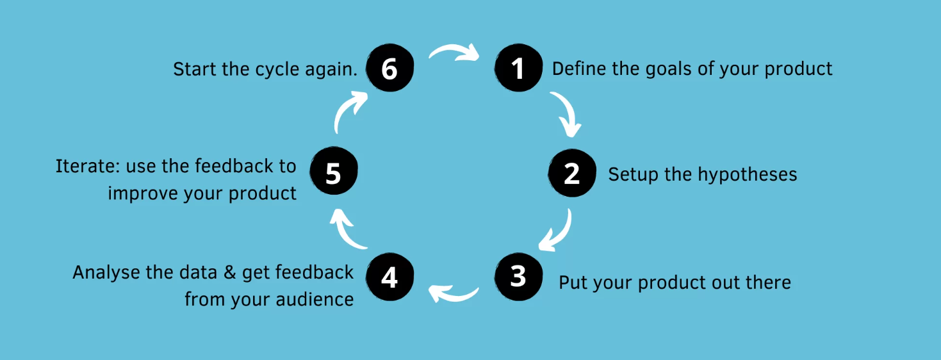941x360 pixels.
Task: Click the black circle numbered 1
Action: point(518,68)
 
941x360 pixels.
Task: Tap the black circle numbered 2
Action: point(572,173)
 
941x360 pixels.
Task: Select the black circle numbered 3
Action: point(518,277)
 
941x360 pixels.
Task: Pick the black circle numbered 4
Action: point(390,277)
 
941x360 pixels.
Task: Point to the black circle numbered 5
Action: point(334,170)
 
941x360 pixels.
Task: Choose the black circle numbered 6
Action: point(390,68)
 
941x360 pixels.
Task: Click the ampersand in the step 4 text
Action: point(230,273)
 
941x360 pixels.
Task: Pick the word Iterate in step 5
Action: point(85,166)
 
